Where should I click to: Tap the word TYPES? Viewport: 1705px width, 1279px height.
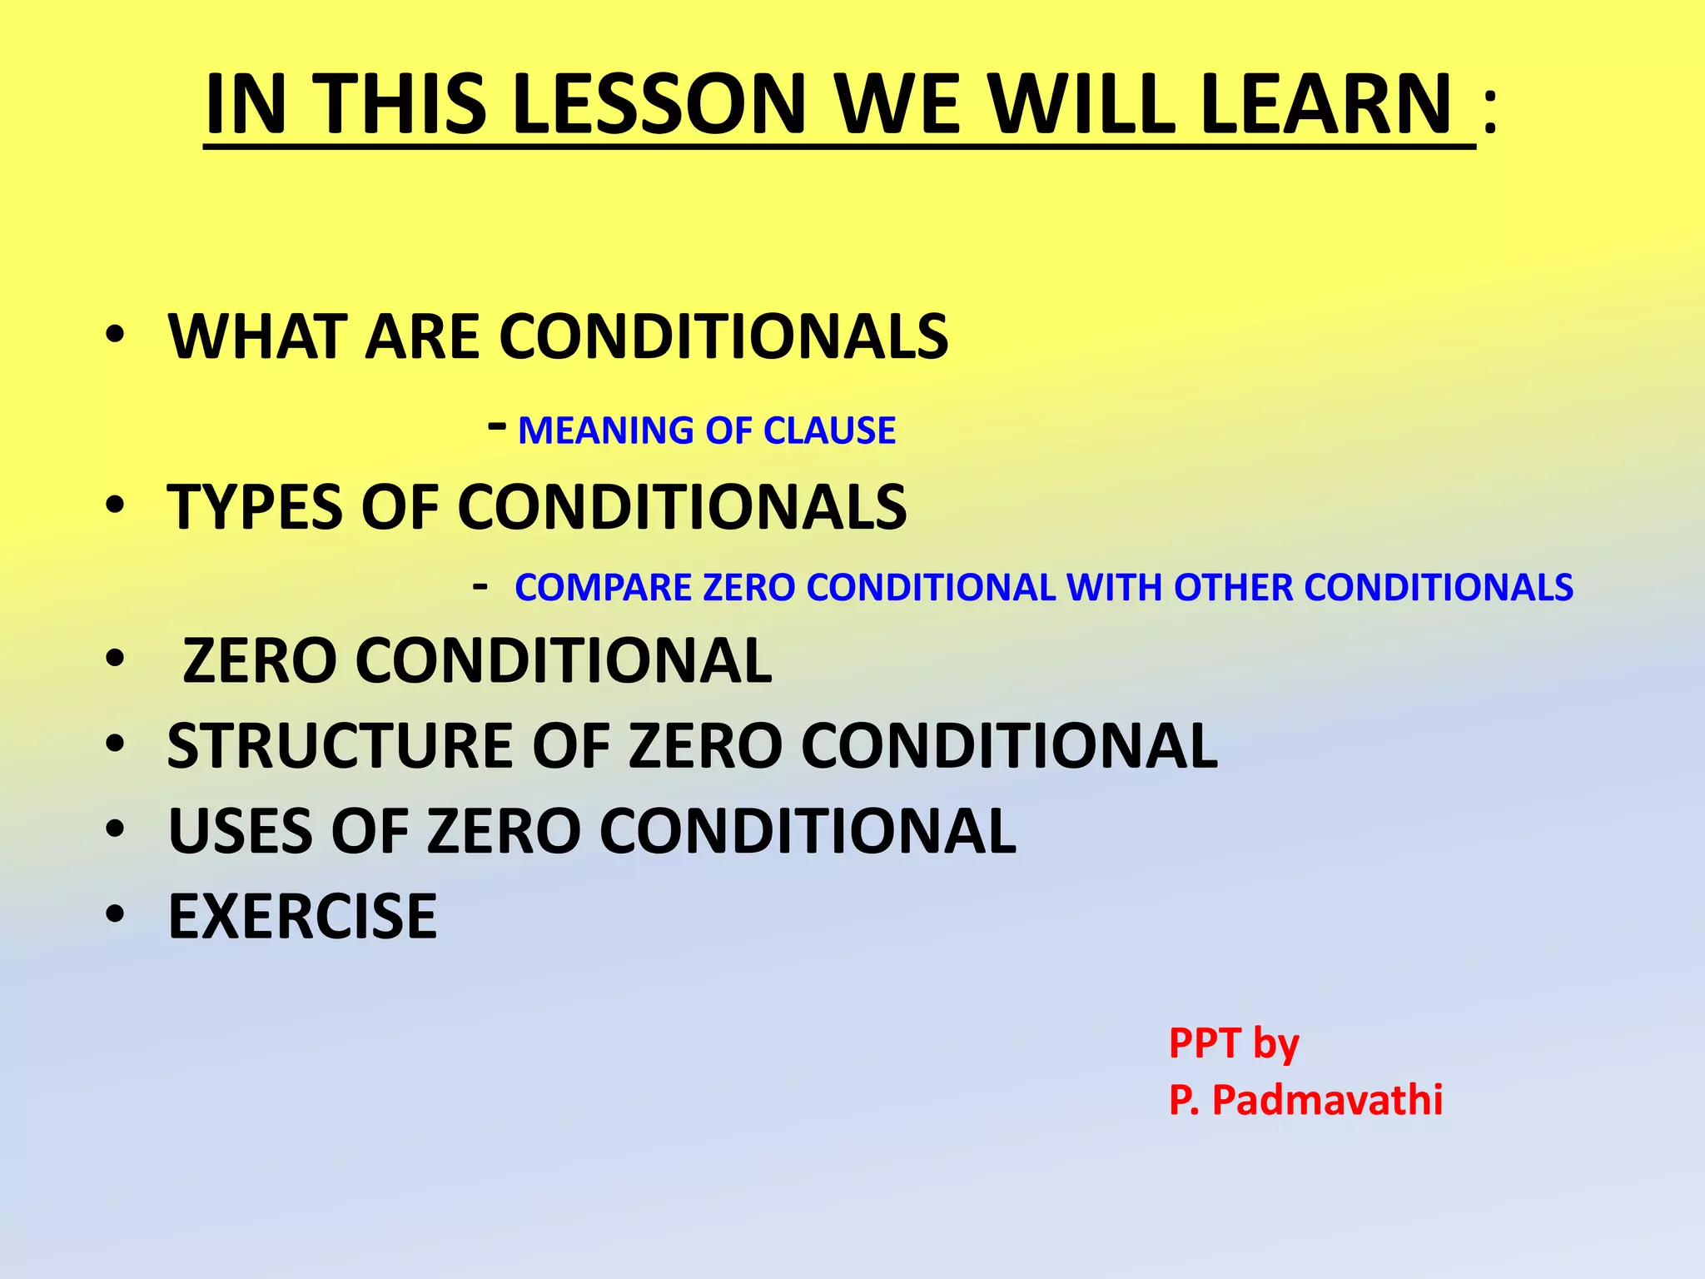255,507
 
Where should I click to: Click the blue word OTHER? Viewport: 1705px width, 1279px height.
1233,588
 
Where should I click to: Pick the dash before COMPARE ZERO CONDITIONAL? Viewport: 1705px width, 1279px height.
480,586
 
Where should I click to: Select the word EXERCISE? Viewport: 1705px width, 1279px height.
302,917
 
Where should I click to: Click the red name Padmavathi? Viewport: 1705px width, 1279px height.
1327,1099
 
